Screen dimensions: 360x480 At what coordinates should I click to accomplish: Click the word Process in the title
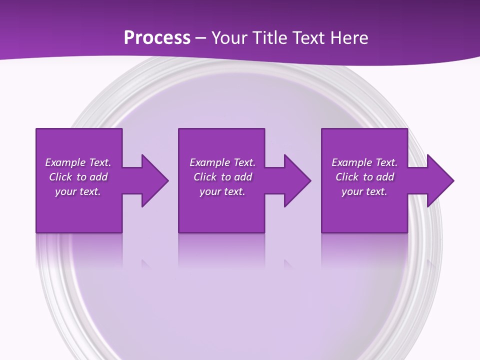tap(157, 38)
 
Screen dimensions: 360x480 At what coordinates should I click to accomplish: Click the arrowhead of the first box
tap(153, 180)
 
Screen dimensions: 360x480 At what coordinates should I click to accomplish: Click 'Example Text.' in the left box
tap(78, 162)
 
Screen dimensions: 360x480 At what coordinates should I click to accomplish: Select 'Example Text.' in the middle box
tap(222, 162)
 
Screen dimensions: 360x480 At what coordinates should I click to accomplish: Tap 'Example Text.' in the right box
tap(364, 162)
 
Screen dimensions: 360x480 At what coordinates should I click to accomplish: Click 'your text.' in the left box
tap(78, 191)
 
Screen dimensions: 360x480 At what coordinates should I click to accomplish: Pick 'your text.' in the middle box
tap(222, 191)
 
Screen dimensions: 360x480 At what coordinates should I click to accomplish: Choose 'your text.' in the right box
tap(364, 191)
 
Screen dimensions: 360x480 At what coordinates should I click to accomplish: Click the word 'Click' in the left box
tap(60, 177)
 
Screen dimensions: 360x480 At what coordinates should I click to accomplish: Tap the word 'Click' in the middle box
tap(205, 177)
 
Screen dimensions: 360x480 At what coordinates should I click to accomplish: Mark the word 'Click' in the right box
tap(347, 177)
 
